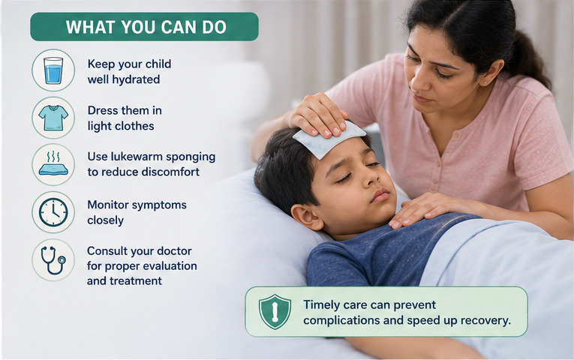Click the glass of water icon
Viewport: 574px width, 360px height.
tap(53, 70)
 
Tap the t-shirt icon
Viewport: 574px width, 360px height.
tap(53, 118)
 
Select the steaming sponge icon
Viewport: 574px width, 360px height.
tap(53, 163)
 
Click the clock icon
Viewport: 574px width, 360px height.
tap(53, 212)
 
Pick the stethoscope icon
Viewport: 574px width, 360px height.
tap(53, 260)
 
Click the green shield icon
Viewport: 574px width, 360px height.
tap(275, 312)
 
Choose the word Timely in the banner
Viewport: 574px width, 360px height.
tap(321, 305)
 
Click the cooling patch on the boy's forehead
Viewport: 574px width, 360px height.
tap(329, 139)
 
